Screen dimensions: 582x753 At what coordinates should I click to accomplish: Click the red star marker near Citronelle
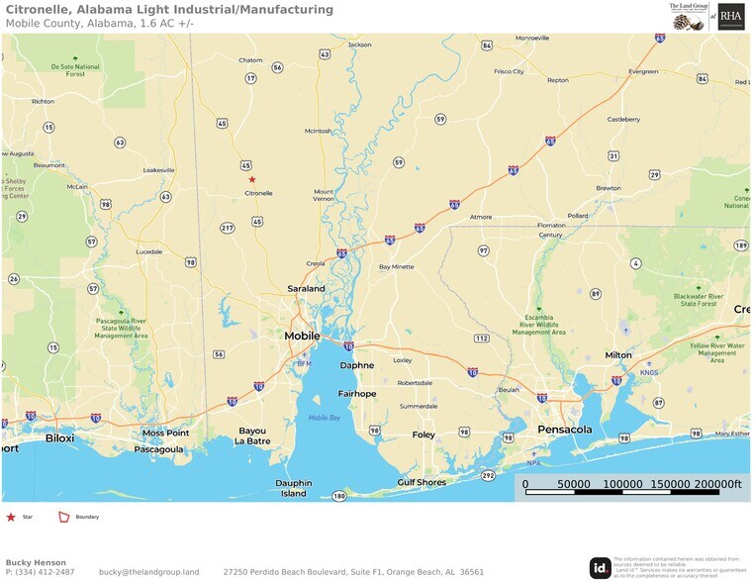[x=252, y=179]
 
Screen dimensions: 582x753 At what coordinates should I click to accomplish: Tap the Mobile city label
[x=302, y=336]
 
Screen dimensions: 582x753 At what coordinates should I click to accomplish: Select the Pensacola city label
[x=564, y=430]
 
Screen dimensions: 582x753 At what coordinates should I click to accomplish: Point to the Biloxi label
[x=59, y=436]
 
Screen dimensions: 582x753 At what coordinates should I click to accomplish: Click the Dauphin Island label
[x=294, y=488]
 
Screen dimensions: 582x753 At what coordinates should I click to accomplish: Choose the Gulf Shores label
[x=422, y=482]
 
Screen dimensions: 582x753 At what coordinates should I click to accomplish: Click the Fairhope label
[x=357, y=393]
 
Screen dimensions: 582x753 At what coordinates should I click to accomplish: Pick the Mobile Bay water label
[x=324, y=418]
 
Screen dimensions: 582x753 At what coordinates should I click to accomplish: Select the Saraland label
[x=306, y=288]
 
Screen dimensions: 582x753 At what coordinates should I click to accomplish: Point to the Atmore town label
[x=481, y=217]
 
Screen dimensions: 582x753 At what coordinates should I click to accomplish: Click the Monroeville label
[x=532, y=38]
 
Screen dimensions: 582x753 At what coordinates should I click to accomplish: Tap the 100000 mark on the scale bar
[x=622, y=484]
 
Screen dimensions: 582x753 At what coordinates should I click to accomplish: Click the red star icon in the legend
[x=11, y=517]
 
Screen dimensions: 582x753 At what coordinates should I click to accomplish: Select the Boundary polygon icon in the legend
[x=64, y=517]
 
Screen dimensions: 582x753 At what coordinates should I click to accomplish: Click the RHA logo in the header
[x=731, y=16]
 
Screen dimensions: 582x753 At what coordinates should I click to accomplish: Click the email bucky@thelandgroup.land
[x=148, y=572]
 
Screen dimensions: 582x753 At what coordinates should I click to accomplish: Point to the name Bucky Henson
[x=36, y=562]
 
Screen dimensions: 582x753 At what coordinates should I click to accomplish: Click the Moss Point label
[x=165, y=433]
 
